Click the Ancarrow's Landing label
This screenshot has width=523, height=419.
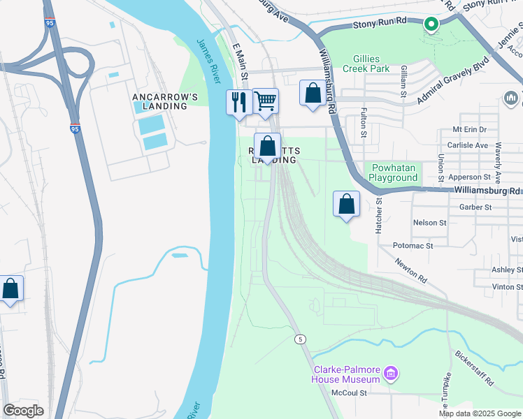click(x=160, y=101)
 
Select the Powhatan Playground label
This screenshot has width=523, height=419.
click(x=394, y=172)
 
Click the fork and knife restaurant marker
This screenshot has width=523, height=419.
click(x=239, y=103)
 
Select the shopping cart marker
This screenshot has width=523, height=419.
click(x=265, y=102)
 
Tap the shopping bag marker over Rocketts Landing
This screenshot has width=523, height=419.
click(x=267, y=147)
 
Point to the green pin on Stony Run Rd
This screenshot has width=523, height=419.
click(x=431, y=25)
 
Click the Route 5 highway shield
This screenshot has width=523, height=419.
click(x=300, y=339)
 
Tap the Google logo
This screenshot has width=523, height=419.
click(x=23, y=410)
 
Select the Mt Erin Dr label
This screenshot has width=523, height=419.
click(x=469, y=130)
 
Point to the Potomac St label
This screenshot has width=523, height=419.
click(x=413, y=246)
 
